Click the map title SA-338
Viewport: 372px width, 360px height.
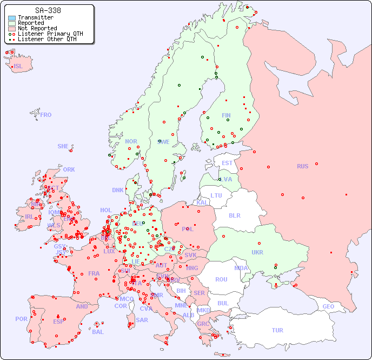pos(48,10)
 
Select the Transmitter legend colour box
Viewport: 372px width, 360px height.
pos(12,18)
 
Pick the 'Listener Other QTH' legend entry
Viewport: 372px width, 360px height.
pos(50,39)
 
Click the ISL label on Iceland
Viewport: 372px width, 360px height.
pos(18,67)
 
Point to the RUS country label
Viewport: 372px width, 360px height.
pos(302,166)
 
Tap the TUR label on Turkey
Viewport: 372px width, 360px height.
pos(277,330)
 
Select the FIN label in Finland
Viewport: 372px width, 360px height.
pos(226,115)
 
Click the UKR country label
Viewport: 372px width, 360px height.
pos(257,252)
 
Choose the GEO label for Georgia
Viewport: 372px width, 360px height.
pos(328,306)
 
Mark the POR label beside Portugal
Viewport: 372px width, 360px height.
pos(21,319)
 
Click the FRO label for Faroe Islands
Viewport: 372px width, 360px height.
pos(46,115)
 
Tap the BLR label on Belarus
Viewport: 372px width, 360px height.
pos(234,215)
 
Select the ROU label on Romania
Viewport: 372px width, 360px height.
pos(221,279)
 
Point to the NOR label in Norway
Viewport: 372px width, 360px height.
pos(131,141)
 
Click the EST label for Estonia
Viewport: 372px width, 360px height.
pos(227,163)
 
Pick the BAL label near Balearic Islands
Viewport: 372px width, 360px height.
pos(97,332)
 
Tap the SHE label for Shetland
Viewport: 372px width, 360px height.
pos(63,146)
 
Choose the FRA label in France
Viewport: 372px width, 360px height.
pos(94,273)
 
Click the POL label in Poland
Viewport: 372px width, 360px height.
pos(188,229)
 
